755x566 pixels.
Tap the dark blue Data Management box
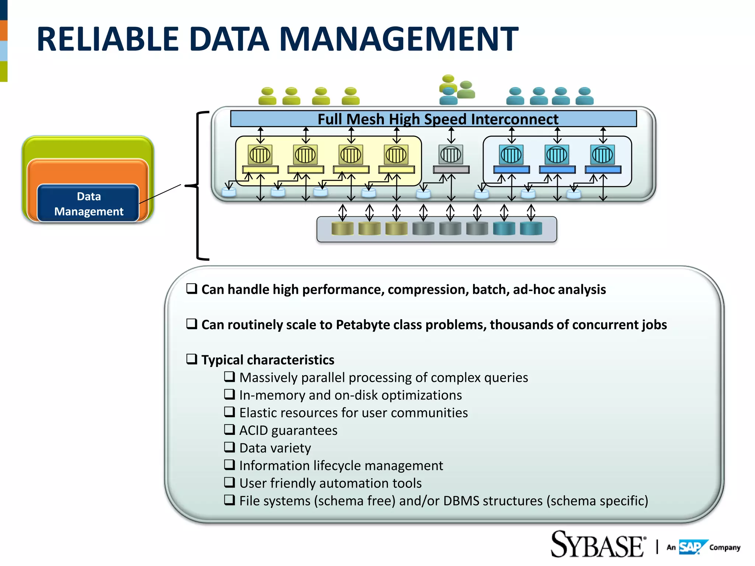pos(88,203)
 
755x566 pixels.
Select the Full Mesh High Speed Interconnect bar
pos(433,119)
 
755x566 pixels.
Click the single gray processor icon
pos(450,154)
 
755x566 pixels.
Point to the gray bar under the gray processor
pos(451,170)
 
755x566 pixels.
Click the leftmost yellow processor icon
pos(260,154)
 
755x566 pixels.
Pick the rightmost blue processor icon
pos(602,154)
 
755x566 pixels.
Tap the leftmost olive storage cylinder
pos(342,228)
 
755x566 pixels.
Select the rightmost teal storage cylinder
pos(531,228)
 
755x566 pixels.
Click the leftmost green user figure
pos(267,96)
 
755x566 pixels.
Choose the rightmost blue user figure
pos(585,96)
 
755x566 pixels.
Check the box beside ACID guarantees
pos(229,429)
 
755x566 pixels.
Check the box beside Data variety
pos(229,447)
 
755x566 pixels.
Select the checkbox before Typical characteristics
pos(192,359)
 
